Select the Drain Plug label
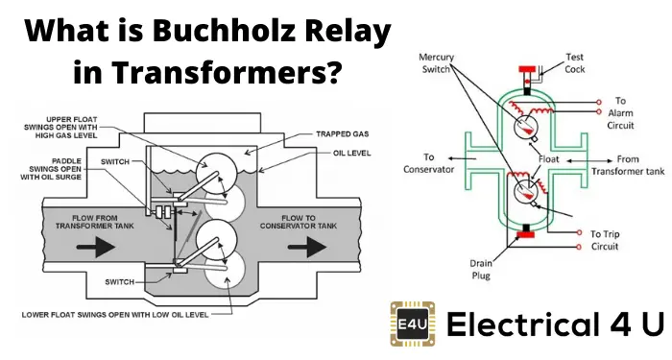pyautogui.click(x=481, y=266)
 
